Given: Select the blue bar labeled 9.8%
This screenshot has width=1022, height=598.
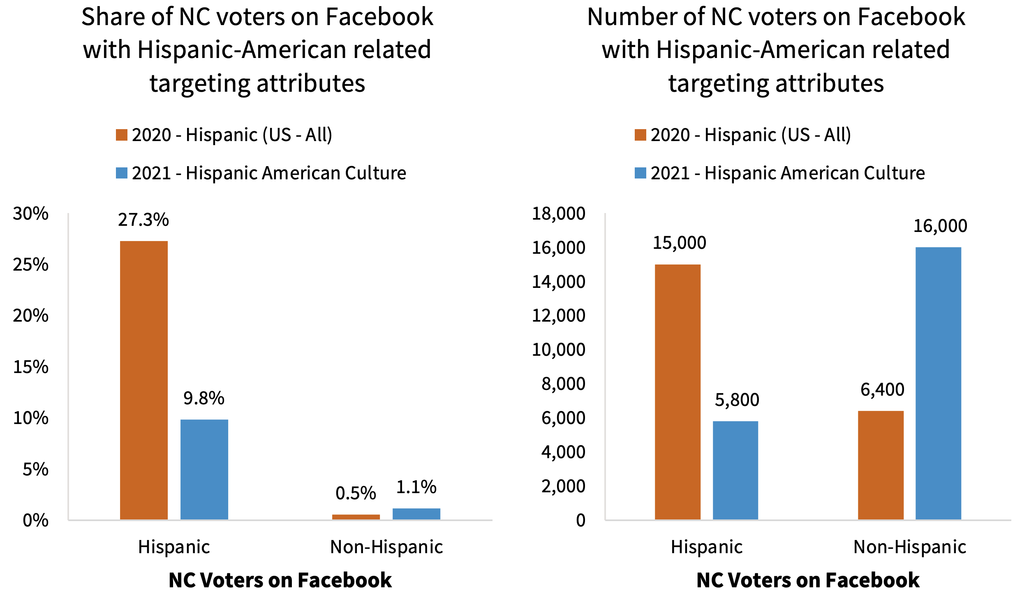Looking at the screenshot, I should click(x=204, y=469).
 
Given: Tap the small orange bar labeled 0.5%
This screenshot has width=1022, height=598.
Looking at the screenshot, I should click(x=356, y=517).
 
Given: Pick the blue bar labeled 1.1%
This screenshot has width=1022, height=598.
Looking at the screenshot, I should click(x=416, y=514).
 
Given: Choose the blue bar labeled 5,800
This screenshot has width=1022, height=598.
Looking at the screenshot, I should click(x=735, y=470).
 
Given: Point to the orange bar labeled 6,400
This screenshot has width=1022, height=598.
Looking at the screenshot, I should click(x=881, y=465).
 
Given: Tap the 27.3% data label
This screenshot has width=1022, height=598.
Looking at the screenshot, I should click(x=143, y=220).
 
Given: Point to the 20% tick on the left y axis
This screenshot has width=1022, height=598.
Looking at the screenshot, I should click(x=30, y=316).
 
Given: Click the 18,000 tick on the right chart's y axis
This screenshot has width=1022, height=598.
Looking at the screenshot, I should click(x=558, y=214).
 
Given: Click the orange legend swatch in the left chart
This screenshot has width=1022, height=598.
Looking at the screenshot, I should click(x=121, y=135).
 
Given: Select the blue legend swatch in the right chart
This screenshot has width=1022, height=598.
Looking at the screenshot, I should click(x=640, y=173).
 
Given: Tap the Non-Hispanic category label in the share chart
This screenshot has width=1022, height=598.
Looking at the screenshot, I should click(x=386, y=547).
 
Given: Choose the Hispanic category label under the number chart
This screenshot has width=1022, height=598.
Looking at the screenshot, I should click(x=706, y=547).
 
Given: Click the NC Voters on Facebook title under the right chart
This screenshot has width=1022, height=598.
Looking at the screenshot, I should click(x=808, y=580).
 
